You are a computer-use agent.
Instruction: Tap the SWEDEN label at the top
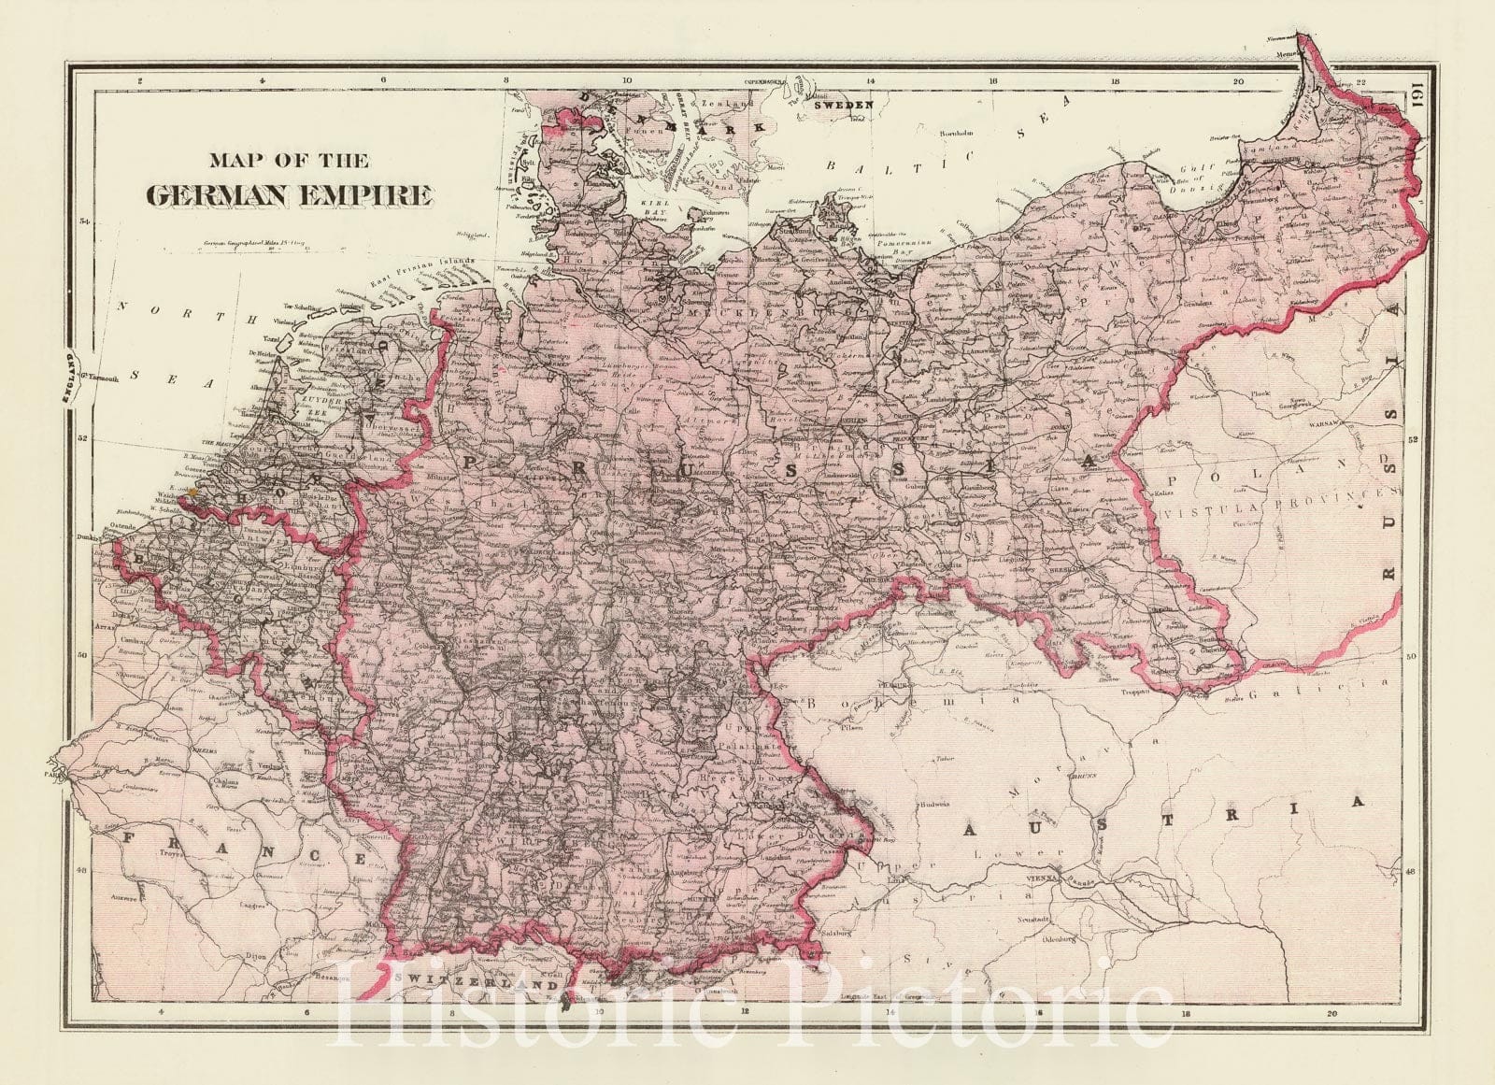pyautogui.click(x=847, y=105)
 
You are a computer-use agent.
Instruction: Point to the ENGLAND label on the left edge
pyautogui.click(x=68, y=376)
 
